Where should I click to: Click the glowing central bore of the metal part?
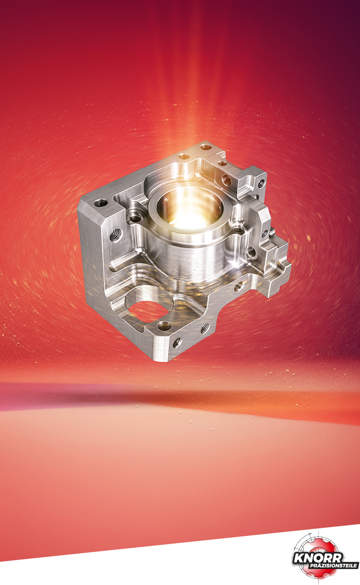pos(189,209)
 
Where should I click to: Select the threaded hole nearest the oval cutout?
pos(164,326)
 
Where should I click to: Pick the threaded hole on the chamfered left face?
pos(116,234)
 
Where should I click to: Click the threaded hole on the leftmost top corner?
pos(101,202)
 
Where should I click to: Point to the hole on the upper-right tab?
pos(261,184)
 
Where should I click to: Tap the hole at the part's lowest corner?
pos(177,342)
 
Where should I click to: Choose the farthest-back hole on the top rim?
pos(206,147)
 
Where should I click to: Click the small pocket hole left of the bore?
pos(135,218)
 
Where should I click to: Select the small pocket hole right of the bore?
pos(238,229)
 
